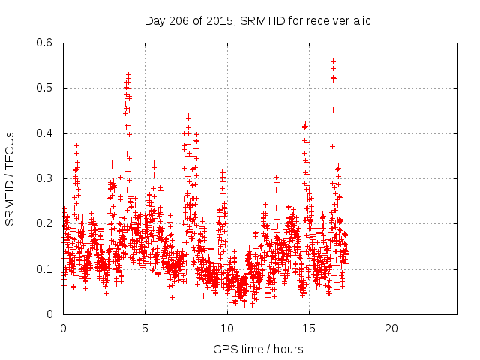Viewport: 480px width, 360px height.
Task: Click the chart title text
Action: coord(257,20)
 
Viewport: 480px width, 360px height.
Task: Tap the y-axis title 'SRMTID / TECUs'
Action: coord(10,178)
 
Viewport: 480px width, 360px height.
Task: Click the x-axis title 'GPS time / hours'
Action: coord(258,349)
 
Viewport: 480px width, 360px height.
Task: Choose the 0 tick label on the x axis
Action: coord(63,328)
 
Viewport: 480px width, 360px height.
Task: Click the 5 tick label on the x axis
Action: coord(145,328)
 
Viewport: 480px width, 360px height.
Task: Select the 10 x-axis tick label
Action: coord(227,328)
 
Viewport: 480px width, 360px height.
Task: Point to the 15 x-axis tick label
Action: coord(309,328)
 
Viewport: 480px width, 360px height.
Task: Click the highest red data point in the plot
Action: coord(333,61)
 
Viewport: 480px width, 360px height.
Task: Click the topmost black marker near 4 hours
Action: coord(129,74)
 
